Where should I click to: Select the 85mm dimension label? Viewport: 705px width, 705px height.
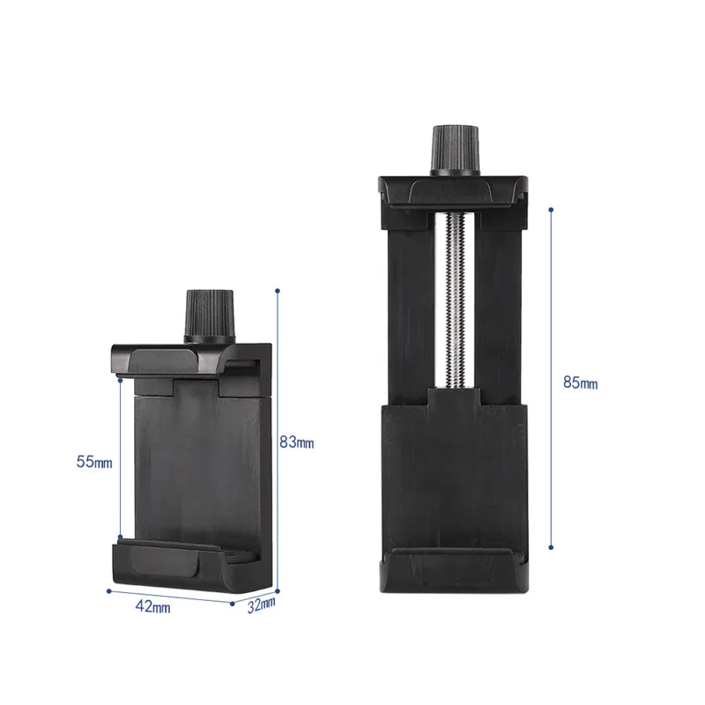coord(580,383)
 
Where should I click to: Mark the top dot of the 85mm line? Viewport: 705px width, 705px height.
coord(551,210)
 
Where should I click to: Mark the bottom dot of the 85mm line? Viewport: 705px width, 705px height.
coord(551,547)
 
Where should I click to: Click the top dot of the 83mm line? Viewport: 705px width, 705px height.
coord(278,288)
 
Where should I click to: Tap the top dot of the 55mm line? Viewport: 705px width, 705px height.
coord(120,381)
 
